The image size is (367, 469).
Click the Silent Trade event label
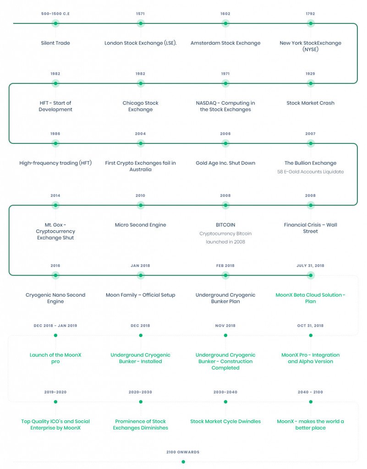point(55,43)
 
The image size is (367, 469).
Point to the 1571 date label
point(140,14)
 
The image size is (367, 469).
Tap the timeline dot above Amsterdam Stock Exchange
point(225,23)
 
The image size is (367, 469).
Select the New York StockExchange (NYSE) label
point(311,46)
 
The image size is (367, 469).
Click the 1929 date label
point(311,74)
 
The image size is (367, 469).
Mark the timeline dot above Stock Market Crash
point(311,83)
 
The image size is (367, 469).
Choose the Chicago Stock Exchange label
point(140,106)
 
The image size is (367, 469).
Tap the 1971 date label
point(225,74)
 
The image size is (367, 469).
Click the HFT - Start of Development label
point(55,106)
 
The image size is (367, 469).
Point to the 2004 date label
point(140,134)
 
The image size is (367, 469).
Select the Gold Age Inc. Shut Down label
point(225,163)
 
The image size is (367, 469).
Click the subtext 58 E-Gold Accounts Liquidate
point(311,172)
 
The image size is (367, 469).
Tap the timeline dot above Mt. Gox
point(55,205)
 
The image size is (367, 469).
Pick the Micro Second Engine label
point(140,225)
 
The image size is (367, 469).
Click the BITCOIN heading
point(225,225)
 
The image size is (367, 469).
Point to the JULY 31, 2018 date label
point(311,266)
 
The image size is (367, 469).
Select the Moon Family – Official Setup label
point(140,295)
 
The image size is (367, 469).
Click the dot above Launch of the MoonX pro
point(55,336)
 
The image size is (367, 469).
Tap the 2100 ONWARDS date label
point(183,452)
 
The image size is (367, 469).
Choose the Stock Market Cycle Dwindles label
point(225,421)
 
